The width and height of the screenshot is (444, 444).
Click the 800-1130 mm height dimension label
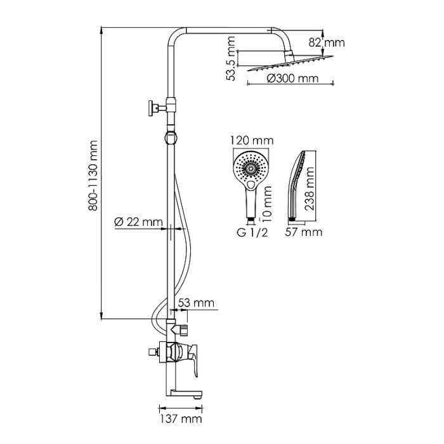coord(93,175)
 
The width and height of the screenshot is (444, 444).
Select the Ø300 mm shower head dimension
coord(291,79)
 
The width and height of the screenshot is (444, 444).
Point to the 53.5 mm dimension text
coord(232,59)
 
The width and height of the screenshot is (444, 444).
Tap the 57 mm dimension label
coord(303,233)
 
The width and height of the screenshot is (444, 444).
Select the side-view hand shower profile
coord(299,184)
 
